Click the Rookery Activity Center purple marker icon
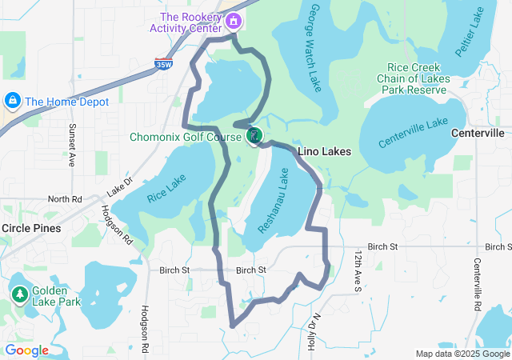coord(233,20)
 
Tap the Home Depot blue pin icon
coord(12,101)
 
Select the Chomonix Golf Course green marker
coord(254,135)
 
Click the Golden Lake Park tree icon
coord(18,294)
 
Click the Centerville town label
coord(478,132)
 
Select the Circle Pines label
coord(31,228)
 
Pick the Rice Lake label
coord(166,189)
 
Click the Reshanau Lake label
coord(273,201)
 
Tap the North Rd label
coord(65,198)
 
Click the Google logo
coord(26,350)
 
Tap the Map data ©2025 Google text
coord(462,354)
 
